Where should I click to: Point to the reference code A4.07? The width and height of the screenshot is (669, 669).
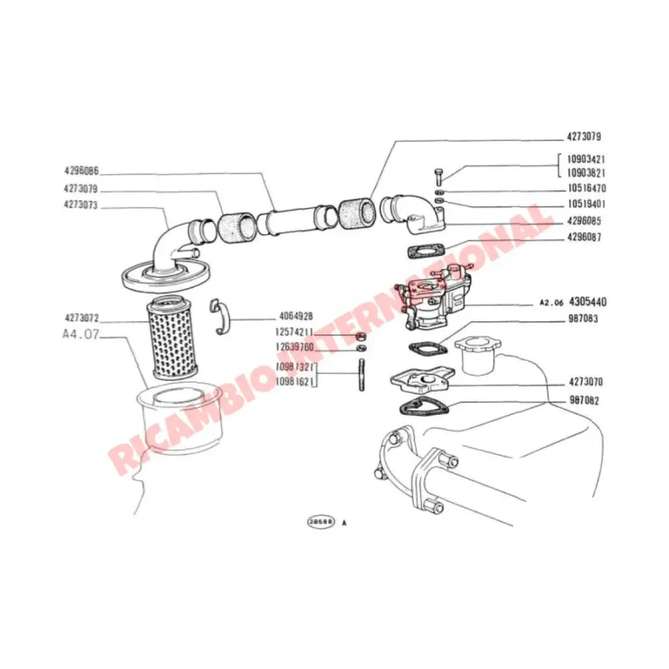coord(80,334)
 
